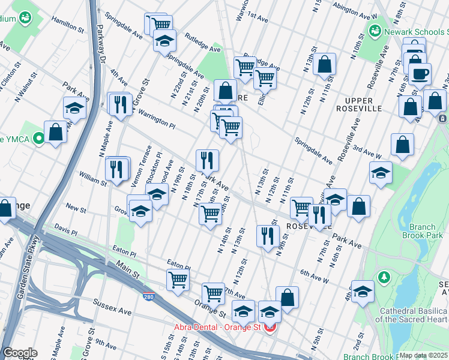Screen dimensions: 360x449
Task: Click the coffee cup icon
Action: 420,73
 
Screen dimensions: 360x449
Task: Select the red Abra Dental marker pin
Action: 270,328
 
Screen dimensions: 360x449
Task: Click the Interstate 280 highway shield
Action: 149,296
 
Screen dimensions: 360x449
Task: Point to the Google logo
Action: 20,353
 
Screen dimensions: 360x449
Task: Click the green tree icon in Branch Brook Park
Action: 383,278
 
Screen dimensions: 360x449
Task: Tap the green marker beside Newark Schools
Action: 375,30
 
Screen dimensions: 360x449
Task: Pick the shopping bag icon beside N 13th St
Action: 324,64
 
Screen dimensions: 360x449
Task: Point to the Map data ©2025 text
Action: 423,355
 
